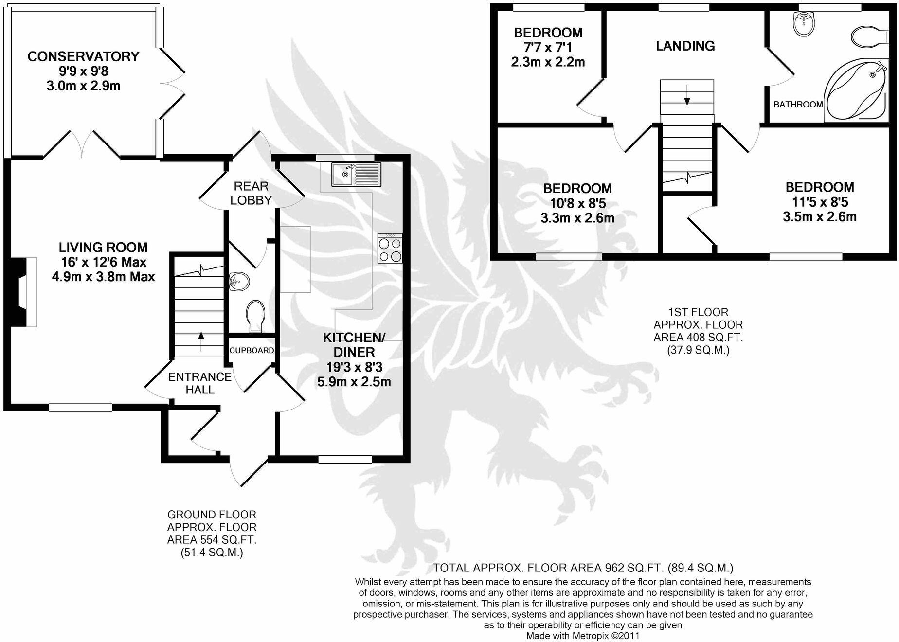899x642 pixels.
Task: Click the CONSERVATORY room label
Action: (x=83, y=56)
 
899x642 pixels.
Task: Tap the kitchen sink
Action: (x=356, y=175)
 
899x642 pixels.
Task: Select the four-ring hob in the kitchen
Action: (x=390, y=249)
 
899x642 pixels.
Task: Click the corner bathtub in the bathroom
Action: (x=855, y=90)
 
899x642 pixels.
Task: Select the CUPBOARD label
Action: (x=252, y=350)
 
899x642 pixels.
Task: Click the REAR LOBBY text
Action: (x=251, y=193)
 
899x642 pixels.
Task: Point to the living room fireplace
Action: (x=24, y=291)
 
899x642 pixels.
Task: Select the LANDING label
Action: (x=685, y=46)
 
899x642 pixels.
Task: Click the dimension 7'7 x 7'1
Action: (x=548, y=48)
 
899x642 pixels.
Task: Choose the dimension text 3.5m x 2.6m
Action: (x=819, y=217)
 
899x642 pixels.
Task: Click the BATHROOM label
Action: (x=798, y=104)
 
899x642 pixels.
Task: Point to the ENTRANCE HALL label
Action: (x=199, y=383)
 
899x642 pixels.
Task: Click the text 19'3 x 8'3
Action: (x=354, y=367)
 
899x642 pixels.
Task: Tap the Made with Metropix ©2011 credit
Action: (x=583, y=636)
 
